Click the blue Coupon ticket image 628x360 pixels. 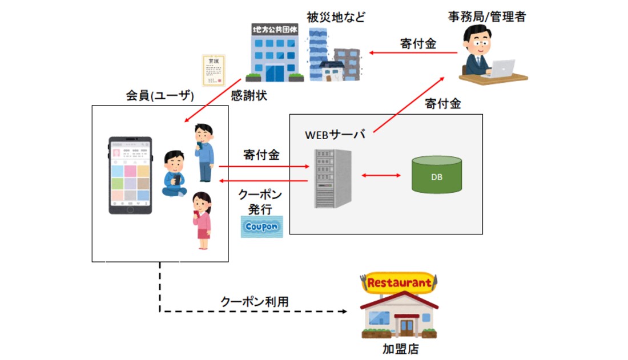coord(261,226)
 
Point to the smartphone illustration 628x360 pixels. coord(130,175)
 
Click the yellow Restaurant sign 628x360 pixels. coord(399,282)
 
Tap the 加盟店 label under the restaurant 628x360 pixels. coord(400,348)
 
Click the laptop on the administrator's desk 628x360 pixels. coord(500,68)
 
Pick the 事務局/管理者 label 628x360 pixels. coord(486,17)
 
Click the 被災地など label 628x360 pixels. coord(336,17)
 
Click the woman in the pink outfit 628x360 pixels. coord(202,220)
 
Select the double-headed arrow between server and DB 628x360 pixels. coord(380,176)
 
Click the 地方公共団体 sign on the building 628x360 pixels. coord(273,29)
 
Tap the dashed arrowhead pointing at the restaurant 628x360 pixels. coord(344,312)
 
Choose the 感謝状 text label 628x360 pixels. coord(249,96)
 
